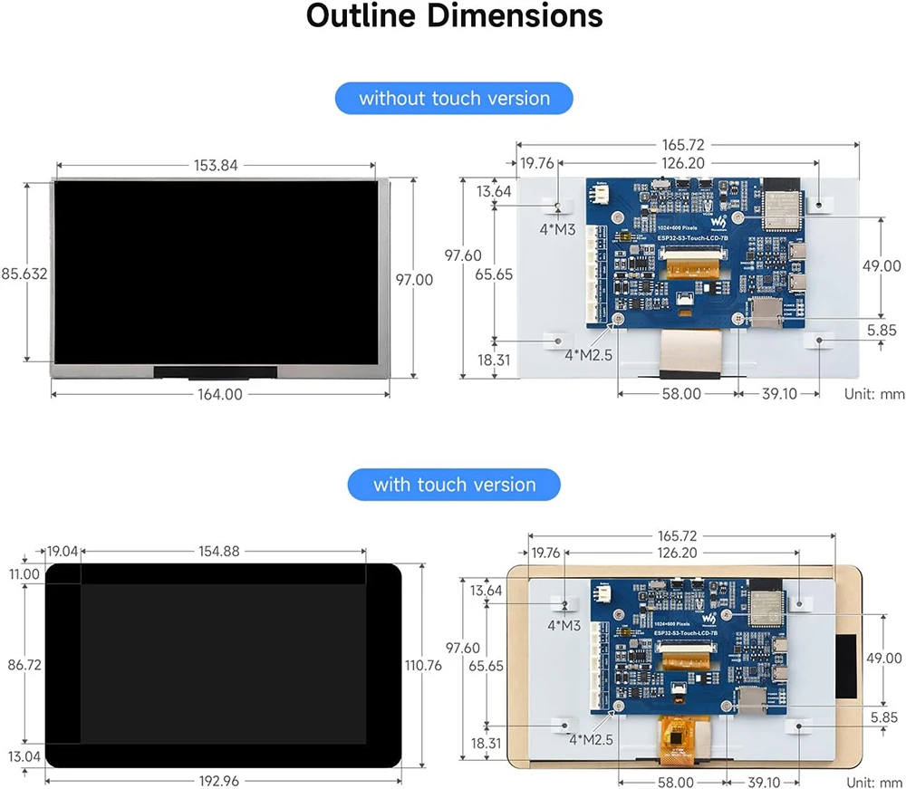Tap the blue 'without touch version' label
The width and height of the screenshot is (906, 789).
tap(454, 98)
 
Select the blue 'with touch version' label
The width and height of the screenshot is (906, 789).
tap(454, 485)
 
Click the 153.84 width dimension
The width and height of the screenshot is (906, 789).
tap(217, 165)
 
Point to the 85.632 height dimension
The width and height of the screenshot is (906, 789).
tap(24, 274)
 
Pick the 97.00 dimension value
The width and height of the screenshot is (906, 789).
tap(414, 280)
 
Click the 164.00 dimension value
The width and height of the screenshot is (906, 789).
tap(221, 394)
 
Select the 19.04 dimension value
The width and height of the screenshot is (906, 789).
tap(63, 551)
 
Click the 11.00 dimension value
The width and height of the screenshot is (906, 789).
tap(24, 573)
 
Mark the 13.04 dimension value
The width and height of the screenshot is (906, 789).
tap(24, 756)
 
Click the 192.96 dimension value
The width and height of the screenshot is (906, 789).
tap(224, 780)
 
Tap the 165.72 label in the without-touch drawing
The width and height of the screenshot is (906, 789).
tap(684, 144)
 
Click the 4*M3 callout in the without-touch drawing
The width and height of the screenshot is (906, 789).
tap(557, 229)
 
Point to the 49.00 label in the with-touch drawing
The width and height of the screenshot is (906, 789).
tap(884, 658)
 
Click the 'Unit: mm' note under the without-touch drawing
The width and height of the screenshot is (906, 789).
tap(874, 394)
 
